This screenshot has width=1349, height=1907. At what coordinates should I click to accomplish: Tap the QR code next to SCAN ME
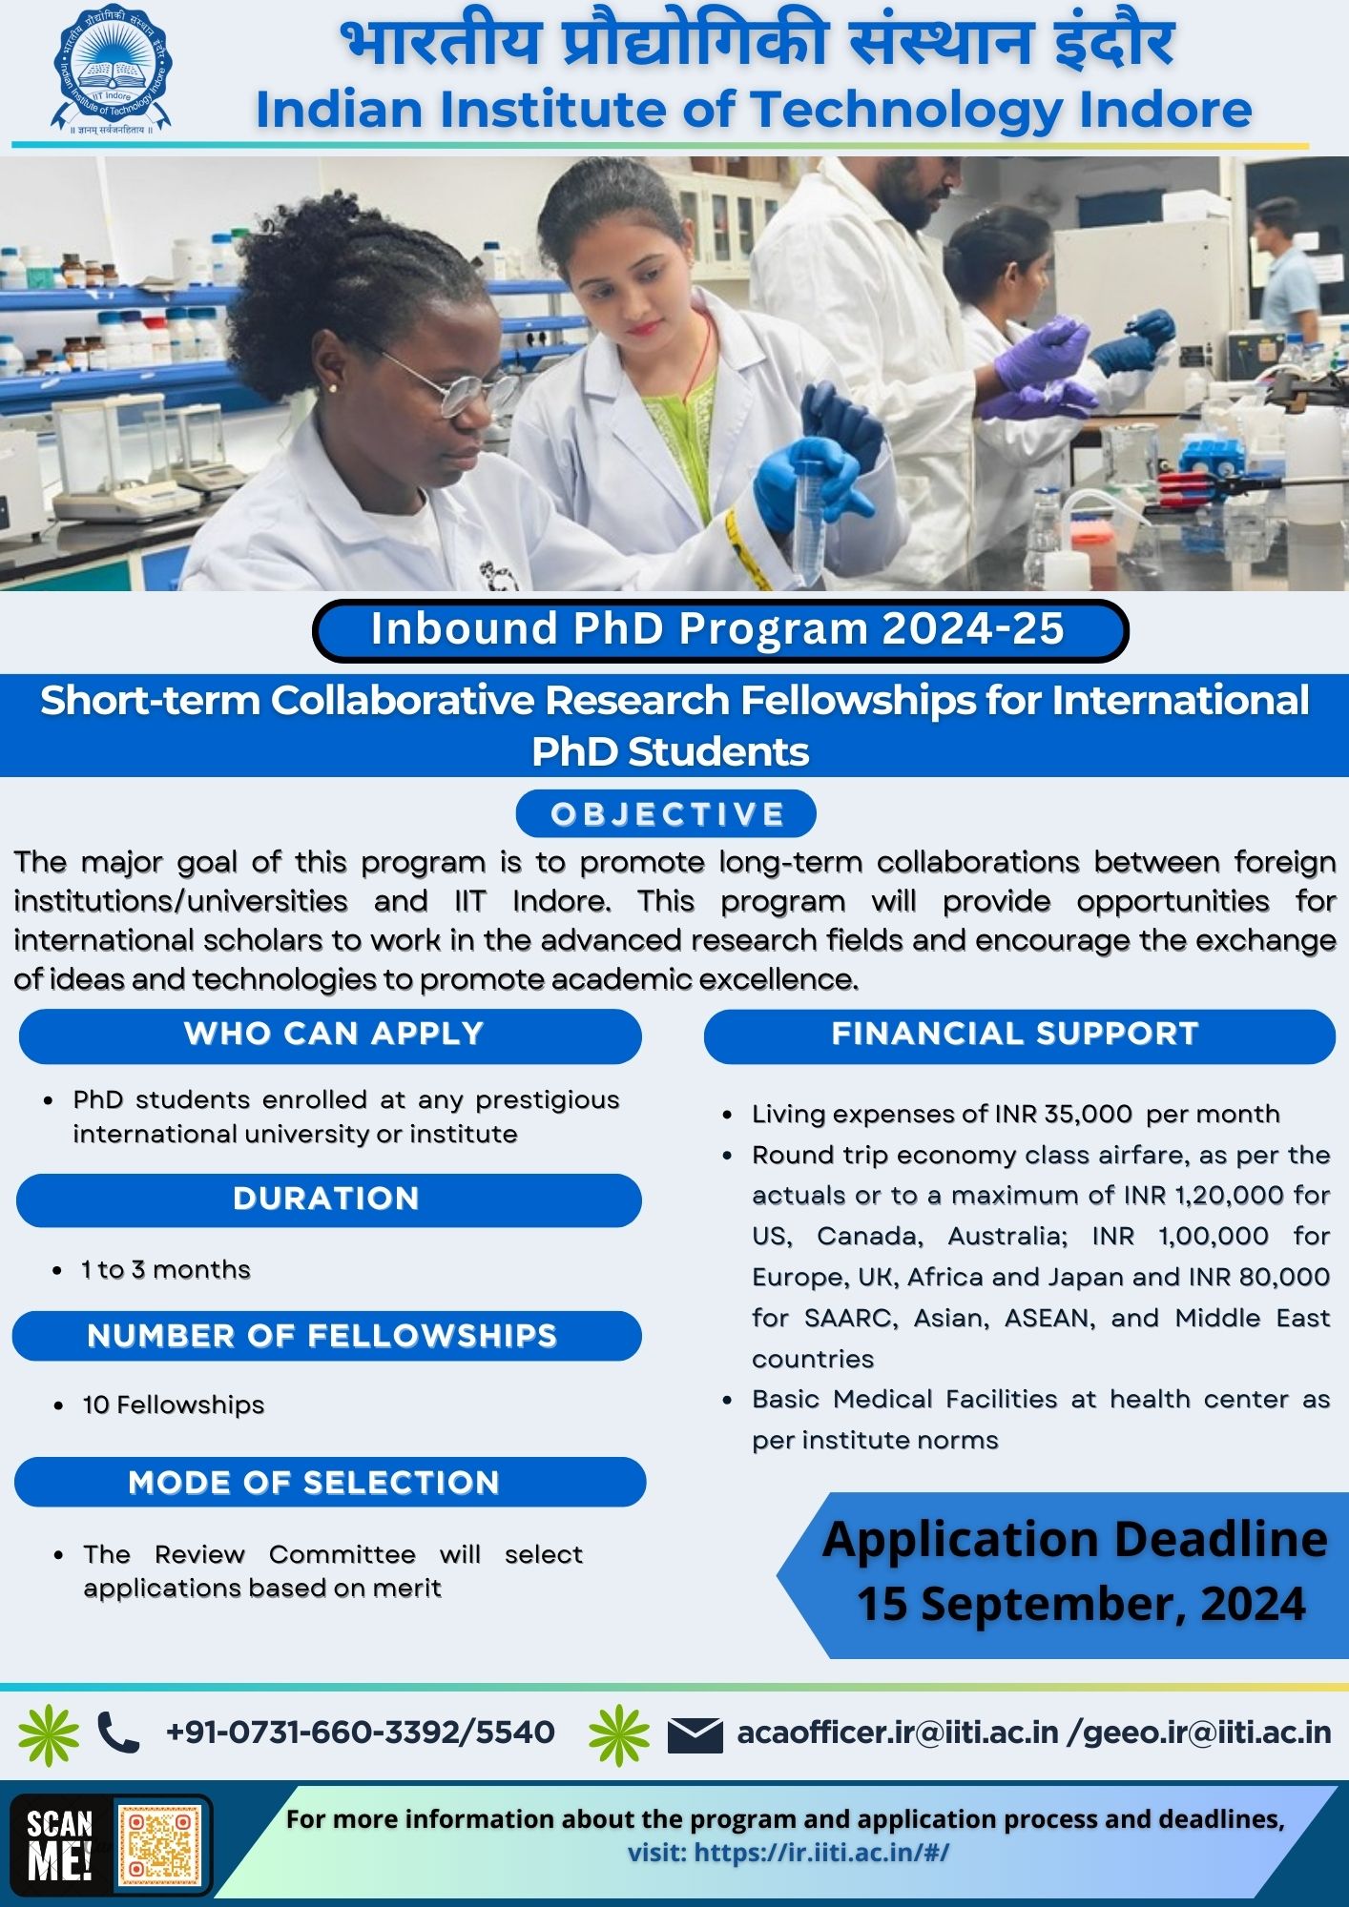coord(159,1846)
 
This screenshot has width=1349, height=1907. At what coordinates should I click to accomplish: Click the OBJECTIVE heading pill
coord(666,814)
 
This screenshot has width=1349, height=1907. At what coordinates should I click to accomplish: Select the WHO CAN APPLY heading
coord(331,1035)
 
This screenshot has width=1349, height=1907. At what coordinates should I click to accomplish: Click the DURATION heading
coord(327,1199)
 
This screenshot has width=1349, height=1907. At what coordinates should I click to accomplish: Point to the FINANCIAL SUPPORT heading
coord(1017,1035)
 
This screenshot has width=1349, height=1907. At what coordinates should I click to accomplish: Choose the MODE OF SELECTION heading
coord(315,1483)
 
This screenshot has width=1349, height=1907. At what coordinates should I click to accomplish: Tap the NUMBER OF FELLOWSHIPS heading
coord(322,1336)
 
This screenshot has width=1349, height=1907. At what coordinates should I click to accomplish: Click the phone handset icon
coord(118,1733)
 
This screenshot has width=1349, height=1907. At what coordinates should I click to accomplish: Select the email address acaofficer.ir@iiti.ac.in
coord(897,1733)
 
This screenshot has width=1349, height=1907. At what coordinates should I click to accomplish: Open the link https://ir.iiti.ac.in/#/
coord(821,1853)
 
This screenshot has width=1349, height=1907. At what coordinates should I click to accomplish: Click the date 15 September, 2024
coord(1081,1604)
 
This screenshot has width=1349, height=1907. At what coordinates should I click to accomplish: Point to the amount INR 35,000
coord(1063,1114)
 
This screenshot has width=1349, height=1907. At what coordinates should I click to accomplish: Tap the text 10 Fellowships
coord(174,1405)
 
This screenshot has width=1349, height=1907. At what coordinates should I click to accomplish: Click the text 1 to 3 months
coord(166,1269)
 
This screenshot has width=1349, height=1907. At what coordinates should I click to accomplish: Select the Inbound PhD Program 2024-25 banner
coord(719,629)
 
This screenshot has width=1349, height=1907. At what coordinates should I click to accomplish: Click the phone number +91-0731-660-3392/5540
coord(361,1733)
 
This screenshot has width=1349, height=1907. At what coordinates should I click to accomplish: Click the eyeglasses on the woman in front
coord(448,386)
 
